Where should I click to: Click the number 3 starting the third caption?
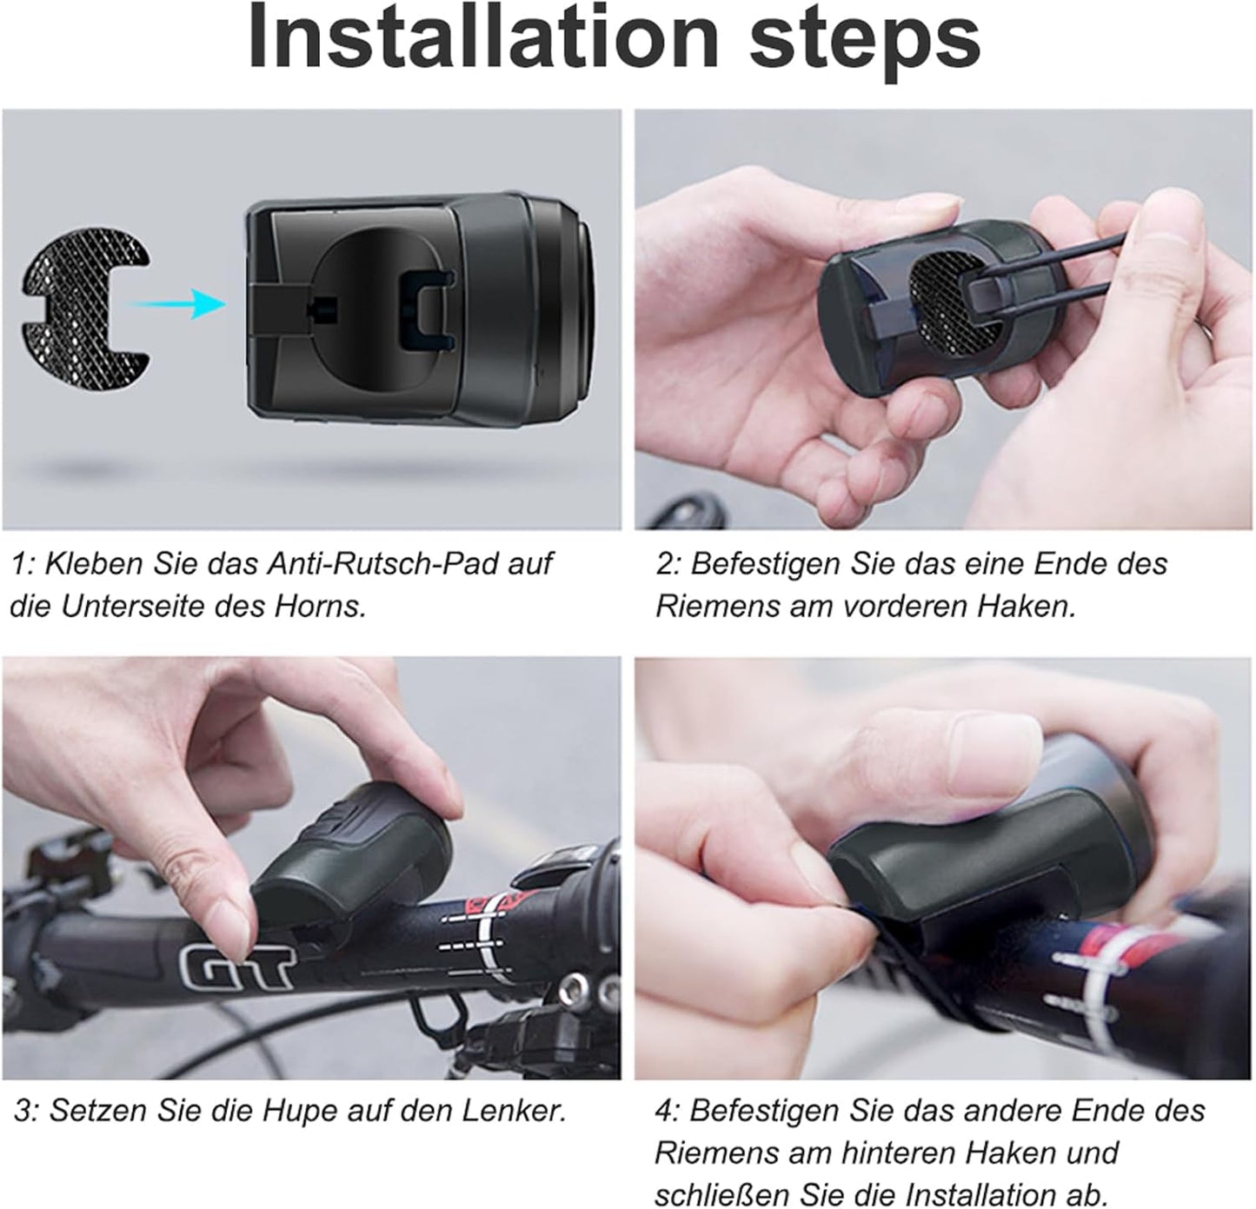click(23, 1110)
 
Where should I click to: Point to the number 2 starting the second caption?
click(665, 563)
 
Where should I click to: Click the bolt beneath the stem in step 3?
click(574, 987)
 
